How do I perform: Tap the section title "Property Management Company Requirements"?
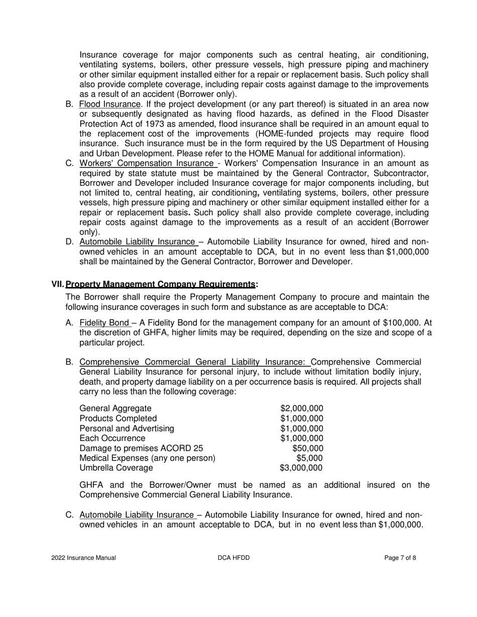pyautogui.click(x=160, y=284)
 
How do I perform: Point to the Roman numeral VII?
pyautogui.click(x=58, y=284)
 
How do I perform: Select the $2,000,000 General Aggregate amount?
pyautogui.click(x=301, y=408)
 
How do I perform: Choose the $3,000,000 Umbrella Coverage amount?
pyautogui.click(x=301, y=468)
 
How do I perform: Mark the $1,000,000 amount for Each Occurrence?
pyautogui.click(x=301, y=438)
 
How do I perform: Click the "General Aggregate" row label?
pyautogui.click(x=115, y=408)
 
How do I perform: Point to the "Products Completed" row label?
pyautogui.click(x=118, y=418)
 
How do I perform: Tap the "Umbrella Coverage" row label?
pyautogui.click(x=116, y=468)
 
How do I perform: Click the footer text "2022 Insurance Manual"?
pyautogui.click(x=83, y=558)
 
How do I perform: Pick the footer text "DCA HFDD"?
pyautogui.click(x=234, y=558)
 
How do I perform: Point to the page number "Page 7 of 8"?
pyautogui.click(x=400, y=558)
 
